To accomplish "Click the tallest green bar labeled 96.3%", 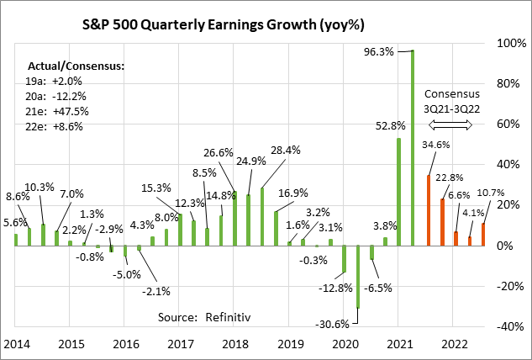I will pyautogui.click(x=413, y=148).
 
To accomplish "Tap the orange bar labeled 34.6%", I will pyautogui.click(x=429, y=210).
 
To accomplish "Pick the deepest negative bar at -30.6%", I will pyautogui.click(x=358, y=277).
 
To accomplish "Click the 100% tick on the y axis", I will pyautogui.click(x=508, y=43).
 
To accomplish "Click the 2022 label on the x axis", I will pyautogui.click(x=454, y=344).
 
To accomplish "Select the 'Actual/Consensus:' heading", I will pyautogui.click(x=76, y=66).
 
